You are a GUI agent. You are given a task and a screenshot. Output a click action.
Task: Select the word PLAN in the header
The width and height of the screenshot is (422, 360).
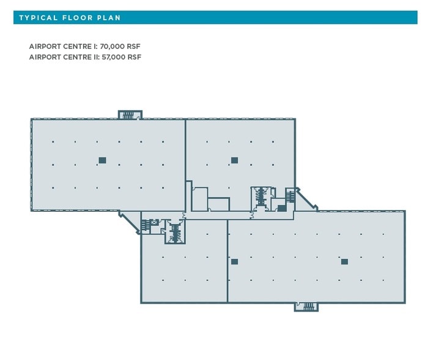[x=110, y=18]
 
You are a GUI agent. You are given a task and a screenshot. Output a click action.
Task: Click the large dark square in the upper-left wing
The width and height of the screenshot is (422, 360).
[x=102, y=160]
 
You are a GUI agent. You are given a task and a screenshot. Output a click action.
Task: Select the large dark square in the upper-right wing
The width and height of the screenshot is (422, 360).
[x=234, y=160]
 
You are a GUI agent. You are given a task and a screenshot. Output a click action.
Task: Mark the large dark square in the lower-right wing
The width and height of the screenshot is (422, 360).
[x=344, y=261]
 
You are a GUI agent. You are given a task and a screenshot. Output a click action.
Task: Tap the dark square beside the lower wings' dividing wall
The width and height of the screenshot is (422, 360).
[x=234, y=261]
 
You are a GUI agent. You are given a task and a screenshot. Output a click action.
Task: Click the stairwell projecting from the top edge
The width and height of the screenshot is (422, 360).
[x=130, y=114]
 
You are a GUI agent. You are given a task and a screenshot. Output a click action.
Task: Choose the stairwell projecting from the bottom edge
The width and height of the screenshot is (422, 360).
[x=306, y=306]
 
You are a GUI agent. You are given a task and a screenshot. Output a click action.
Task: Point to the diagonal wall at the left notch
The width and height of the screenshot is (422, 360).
[x=129, y=222]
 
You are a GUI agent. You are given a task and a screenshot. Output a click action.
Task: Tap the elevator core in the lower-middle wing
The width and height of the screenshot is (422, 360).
[x=176, y=232]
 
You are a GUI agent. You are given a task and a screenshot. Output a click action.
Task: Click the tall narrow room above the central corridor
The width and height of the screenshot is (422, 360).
[x=199, y=199]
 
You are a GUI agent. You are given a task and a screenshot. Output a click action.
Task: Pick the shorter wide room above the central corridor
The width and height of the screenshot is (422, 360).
[x=218, y=204]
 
